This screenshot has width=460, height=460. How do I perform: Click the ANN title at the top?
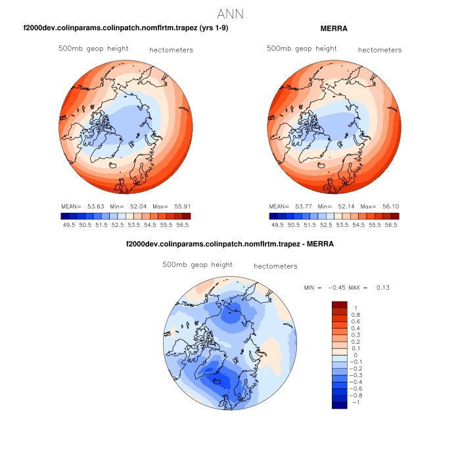(230, 14)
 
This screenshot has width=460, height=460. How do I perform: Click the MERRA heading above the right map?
(334, 28)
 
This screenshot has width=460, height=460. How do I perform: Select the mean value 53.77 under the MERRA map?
(302, 206)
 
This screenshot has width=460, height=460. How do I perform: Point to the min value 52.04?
(137, 206)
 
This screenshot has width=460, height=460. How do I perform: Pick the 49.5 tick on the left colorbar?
(68, 225)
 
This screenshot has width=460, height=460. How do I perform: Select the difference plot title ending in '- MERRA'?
(230, 244)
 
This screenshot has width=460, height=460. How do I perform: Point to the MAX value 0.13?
(382, 287)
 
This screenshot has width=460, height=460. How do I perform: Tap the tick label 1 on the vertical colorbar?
(356, 308)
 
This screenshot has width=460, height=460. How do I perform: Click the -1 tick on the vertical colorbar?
(357, 402)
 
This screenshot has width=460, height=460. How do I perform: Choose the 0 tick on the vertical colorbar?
(356, 355)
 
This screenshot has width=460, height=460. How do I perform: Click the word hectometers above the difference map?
(275, 266)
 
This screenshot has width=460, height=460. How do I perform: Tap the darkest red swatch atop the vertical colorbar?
(340, 304)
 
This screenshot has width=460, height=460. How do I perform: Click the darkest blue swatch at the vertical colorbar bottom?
(340, 405)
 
